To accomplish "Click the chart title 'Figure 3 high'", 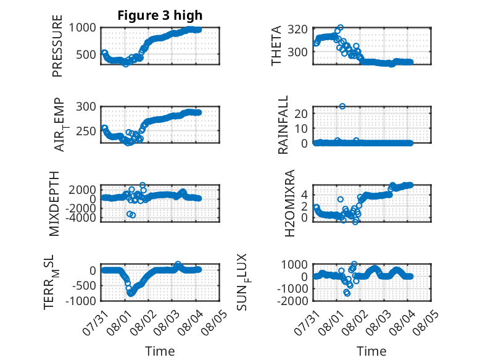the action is click(x=160, y=15).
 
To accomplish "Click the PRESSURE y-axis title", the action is click(x=57, y=46).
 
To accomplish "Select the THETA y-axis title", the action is click(x=276, y=46).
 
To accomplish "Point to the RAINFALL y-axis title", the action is click(x=283, y=124).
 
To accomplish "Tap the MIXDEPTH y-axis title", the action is click(x=54, y=204).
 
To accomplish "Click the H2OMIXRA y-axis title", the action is click(x=289, y=203).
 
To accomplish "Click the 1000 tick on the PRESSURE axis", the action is click(x=82, y=28).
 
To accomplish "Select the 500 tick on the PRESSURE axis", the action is click(x=86, y=54).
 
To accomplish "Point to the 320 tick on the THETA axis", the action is click(x=297, y=30).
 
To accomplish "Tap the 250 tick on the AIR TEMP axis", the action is click(x=86, y=131).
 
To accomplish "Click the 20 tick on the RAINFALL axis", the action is click(x=301, y=114).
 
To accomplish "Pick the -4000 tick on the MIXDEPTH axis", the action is click(x=81, y=218).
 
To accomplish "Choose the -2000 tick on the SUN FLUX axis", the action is click(x=292, y=301).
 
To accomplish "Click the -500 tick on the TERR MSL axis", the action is click(x=83, y=286).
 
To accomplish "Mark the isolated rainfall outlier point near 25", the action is click(x=342, y=106).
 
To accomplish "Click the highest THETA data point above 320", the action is click(x=341, y=28).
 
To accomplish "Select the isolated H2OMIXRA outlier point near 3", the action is click(x=341, y=199).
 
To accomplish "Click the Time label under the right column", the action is click(x=371, y=351).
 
